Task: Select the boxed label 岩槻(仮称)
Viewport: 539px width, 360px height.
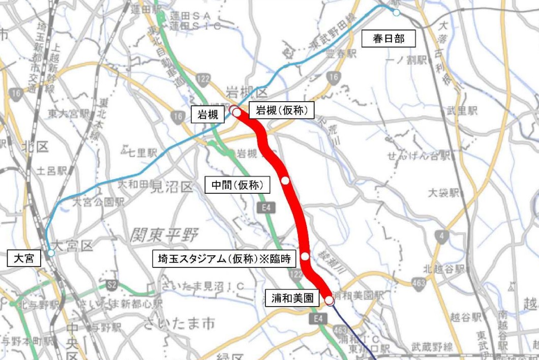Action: [282, 110]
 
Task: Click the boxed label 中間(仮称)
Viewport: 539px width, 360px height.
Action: [240, 185]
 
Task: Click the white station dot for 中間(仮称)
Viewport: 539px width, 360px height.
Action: [285, 181]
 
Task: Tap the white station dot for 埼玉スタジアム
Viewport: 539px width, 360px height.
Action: [305, 256]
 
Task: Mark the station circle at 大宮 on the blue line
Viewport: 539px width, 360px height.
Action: [51, 253]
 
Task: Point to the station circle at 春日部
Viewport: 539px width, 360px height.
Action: [396, 12]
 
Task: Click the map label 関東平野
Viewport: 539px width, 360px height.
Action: [164, 235]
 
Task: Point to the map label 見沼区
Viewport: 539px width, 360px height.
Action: [172, 187]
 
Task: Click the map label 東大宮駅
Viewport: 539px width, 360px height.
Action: [70, 113]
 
